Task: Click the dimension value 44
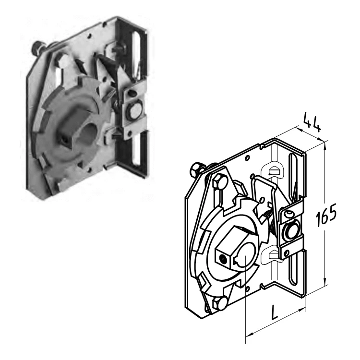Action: pyautogui.click(x=312, y=122)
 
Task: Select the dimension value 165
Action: pyautogui.click(x=326, y=215)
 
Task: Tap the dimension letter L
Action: pyautogui.click(x=276, y=312)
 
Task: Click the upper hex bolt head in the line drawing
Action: pyautogui.click(x=220, y=181)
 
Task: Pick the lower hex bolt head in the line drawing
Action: pyautogui.click(x=220, y=303)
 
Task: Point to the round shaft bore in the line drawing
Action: pyautogui.click(x=246, y=254)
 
